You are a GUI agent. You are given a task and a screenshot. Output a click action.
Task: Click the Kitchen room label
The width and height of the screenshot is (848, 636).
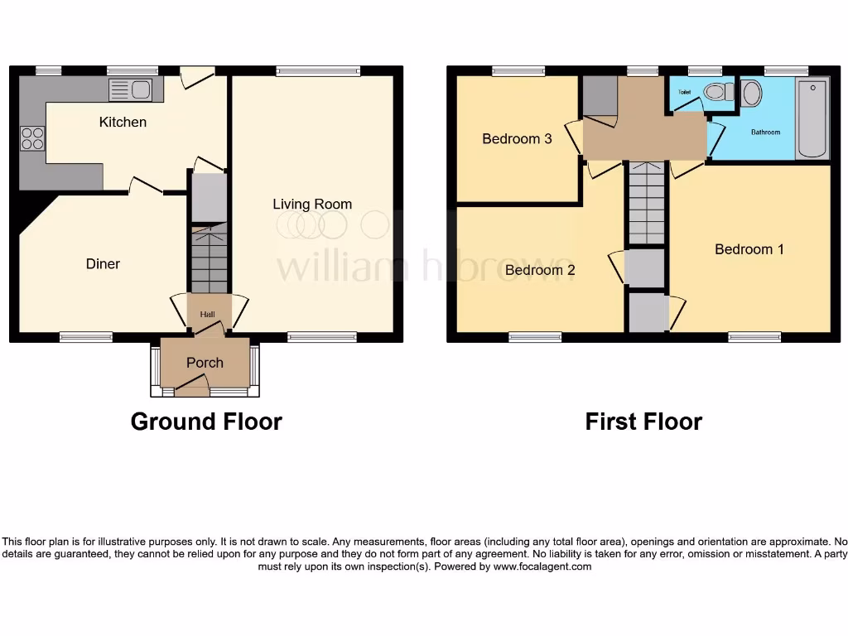click(x=123, y=123)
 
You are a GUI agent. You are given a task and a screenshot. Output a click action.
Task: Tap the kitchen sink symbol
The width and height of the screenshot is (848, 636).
click(x=130, y=89)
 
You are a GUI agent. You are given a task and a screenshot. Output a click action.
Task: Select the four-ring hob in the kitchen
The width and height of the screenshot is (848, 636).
click(x=32, y=137)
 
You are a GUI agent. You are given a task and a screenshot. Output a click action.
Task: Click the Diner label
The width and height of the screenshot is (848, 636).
click(x=103, y=264)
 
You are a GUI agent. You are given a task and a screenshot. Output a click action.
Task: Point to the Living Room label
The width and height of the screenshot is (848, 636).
click(x=312, y=205)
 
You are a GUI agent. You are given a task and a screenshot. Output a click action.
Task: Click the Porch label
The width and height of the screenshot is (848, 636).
click(x=205, y=363)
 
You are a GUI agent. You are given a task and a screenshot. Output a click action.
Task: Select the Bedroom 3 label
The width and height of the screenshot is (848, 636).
click(x=517, y=139)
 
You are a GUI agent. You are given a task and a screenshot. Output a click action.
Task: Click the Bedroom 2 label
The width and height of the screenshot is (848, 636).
click(x=540, y=270)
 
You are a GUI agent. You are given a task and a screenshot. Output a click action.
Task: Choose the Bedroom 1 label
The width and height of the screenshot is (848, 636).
click(x=749, y=249)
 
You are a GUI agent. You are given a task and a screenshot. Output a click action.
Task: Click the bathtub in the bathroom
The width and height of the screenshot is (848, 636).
click(x=812, y=119)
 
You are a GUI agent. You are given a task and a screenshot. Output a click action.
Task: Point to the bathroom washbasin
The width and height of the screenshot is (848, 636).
click(x=752, y=93)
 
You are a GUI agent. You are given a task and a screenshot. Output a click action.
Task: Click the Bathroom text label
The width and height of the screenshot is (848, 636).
click(x=765, y=132)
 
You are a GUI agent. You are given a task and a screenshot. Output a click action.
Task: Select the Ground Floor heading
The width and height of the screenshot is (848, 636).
click(x=206, y=422)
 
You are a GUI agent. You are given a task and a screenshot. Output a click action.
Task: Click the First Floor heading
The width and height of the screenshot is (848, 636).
click(x=643, y=422)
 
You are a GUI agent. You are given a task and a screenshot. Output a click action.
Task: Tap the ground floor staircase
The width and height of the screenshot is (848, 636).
click(x=209, y=260)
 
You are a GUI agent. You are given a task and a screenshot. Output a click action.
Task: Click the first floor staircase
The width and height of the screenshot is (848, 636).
click(x=645, y=203)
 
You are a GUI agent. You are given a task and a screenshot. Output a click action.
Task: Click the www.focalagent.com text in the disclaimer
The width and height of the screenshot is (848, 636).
click(x=542, y=567)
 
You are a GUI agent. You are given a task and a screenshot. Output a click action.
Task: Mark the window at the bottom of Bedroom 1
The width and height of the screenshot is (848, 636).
click(x=754, y=337)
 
